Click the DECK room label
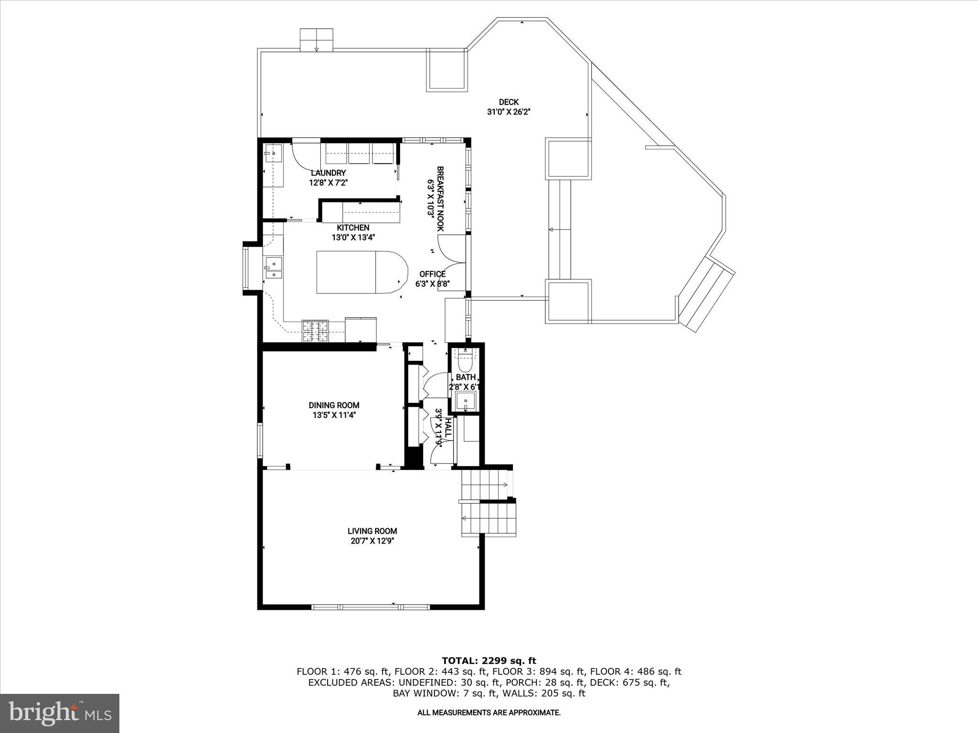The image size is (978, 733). click(509, 102)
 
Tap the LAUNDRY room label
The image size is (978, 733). click(328, 173)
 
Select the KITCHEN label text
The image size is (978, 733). click(353, 228)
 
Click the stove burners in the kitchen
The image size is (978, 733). click(315, 331)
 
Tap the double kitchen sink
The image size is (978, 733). click(274, 268)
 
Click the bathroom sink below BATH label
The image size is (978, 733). click(465, 401)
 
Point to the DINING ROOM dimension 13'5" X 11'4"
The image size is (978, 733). click(334, 415)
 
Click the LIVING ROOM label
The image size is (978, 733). click(372, 531)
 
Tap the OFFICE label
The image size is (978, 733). click(432, 274)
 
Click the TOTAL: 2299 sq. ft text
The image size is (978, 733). click(489, 660)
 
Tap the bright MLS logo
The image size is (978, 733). click(59, 713)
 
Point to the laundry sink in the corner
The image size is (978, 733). click(273, 154)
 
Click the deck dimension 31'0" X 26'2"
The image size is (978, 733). click(509, 112)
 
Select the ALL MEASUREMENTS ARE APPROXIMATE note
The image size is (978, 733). click(489, 712)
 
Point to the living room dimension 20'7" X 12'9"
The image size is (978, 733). click(372, 541)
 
